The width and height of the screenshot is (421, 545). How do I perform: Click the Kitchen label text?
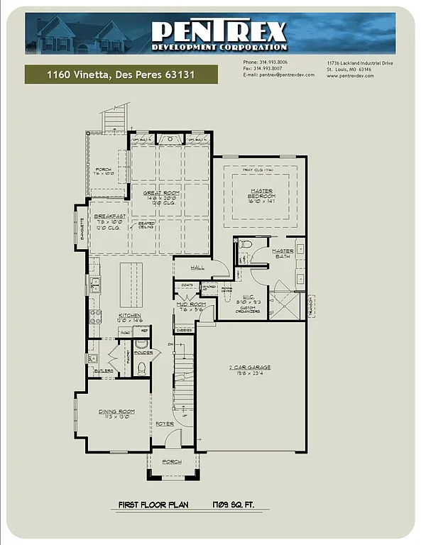(x=109, y=315)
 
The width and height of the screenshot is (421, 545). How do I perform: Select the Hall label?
(x=197, y=267)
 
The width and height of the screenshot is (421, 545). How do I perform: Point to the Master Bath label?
(x=283, y=253)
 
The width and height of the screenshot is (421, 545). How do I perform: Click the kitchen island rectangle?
(x=129, y=281)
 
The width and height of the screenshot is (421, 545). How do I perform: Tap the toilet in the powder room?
(x=141, y=367)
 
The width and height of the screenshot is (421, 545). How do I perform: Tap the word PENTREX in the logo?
(x=219, y=31)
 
